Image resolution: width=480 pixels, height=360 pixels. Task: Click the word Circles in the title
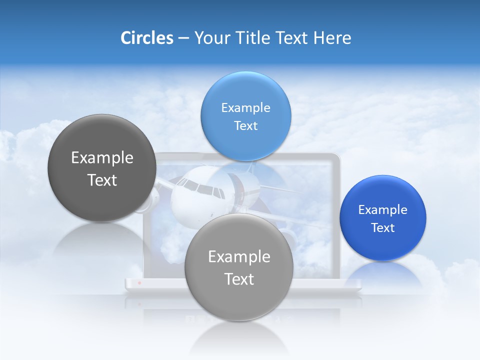[x=146, y=38]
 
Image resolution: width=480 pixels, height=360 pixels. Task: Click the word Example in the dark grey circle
[x=102, y=158]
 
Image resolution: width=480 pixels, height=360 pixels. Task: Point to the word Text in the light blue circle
[x=245, y=125]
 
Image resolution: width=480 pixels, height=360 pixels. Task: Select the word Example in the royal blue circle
[x=382, y=210]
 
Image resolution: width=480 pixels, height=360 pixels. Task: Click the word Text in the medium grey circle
[x=239, y=279]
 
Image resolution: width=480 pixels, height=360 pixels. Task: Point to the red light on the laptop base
[x=139, y=283]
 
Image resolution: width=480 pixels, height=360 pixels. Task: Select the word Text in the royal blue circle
[x=383, y=228]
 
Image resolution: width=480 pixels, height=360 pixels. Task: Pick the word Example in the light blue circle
[x=245, y=108]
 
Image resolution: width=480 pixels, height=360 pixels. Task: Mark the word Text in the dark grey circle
[x=102, y=180]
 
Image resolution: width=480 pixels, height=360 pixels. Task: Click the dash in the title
[x=183, y=38]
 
